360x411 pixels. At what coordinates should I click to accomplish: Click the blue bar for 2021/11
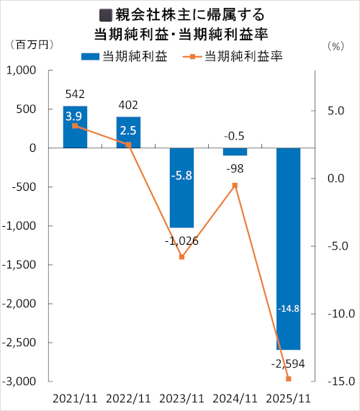pyautogui.click(x=75, y=127)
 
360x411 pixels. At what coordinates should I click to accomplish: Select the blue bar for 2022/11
pyautogui.click(x=128, y=132)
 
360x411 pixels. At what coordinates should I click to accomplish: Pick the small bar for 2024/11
pyautogui.click(x=235, y=152)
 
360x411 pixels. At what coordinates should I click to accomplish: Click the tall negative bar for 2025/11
pyautogui.click(x=288, y=248)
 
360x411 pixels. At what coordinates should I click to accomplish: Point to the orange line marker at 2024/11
pyautogui.click(x=235, y=185)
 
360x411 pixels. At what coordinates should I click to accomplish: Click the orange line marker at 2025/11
pyautogui.click(x=288, y=379)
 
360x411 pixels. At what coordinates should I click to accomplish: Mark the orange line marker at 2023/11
pyautogui.click(x=181, y=257)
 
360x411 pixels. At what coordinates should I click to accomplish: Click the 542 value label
pyautogui.click(x=75, y=94)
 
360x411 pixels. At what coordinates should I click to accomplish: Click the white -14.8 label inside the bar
pyautogui.click(x=288, y=309)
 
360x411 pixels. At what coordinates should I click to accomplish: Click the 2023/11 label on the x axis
pyautogui.click(x=181, y=397)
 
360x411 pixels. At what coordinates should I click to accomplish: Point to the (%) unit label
pyautogui.click(x=336, y=45)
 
